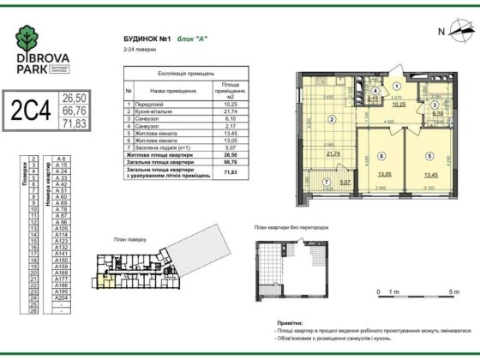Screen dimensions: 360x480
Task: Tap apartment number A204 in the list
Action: (x=61, y=297)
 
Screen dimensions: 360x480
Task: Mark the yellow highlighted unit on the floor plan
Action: (x=104, y=275)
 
